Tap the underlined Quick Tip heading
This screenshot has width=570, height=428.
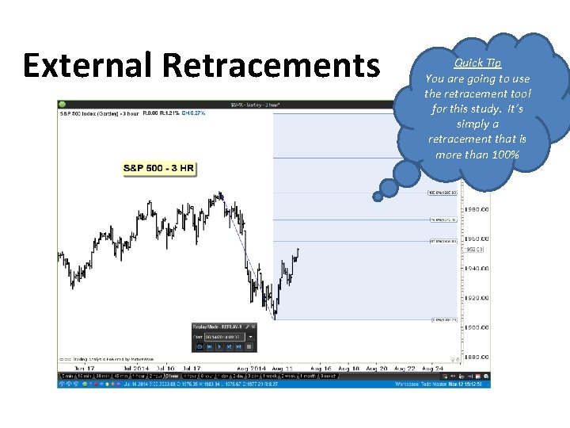point(477,63)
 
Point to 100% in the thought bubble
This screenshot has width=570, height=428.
point(501,154)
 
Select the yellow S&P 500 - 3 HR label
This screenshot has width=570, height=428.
point(158,168)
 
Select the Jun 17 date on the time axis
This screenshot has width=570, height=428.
point(84,369)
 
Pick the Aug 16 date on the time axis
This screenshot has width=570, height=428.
point(321,369)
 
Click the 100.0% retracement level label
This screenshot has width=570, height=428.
point(443,193)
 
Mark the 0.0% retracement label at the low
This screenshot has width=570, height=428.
point(443,320)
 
